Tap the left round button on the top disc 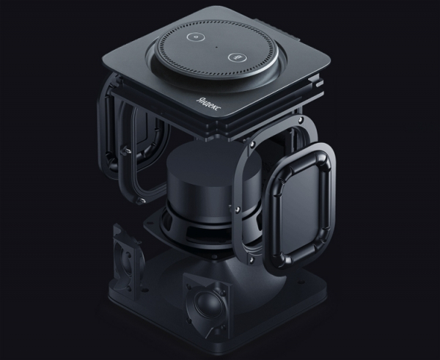pyautogui.click(x=196, y=37)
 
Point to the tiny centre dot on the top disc pyautogui.click(x=216, y=46)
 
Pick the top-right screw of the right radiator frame pyautogui.click(x=301, y=120)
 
